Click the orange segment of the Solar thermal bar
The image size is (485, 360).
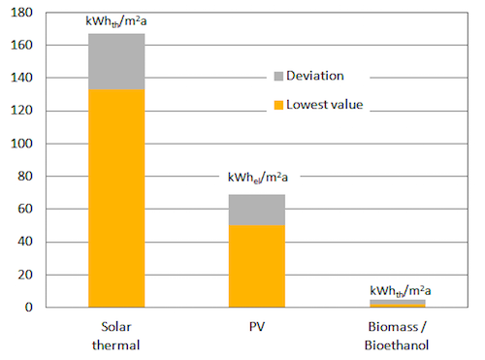point(116,198)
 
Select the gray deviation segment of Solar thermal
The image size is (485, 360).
point(116,61)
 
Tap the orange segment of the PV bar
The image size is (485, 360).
point(257,266)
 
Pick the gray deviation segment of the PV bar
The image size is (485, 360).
point(257,210)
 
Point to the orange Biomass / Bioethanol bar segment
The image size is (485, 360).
point(398,306)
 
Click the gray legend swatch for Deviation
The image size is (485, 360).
point(278,76)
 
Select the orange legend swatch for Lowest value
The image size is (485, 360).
point(278,105)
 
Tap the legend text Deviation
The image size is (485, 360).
point(315,76)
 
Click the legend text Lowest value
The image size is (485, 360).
point(325,105)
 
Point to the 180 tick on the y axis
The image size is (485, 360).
point(21,13)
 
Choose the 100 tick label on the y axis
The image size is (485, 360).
point(21,144)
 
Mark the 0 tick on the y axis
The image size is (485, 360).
point(29,308)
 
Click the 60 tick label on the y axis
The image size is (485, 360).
point(25,209)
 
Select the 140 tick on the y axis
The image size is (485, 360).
point(21,78)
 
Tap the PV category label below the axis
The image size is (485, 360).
point(257,327)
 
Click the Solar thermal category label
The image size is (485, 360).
point(116,336)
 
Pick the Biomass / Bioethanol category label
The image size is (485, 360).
point(397,336)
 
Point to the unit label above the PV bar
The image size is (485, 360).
point(258,178)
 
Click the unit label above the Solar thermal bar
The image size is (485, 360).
point(116,21)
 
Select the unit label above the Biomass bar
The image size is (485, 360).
point(401,291)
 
